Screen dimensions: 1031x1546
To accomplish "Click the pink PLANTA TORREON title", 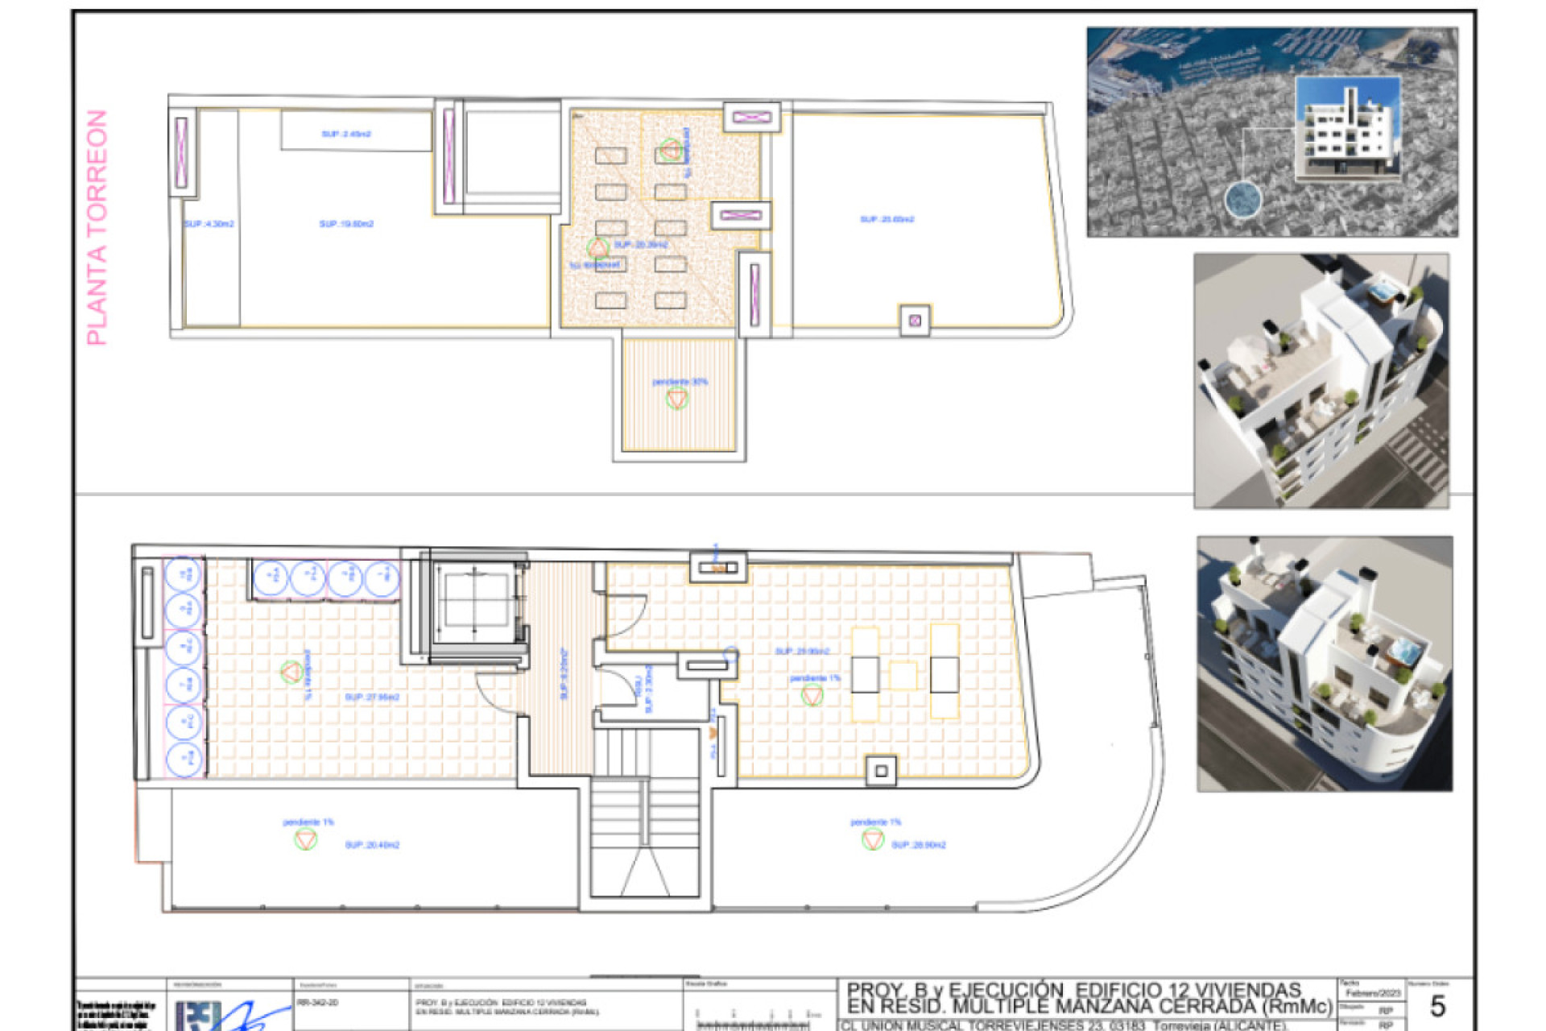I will pos(97,228).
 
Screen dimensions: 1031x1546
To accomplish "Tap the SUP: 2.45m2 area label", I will pos(346,134).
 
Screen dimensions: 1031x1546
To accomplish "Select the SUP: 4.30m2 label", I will pos(209,224).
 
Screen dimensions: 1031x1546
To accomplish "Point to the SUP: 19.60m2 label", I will pos(346,224).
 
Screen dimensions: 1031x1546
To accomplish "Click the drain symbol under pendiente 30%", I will pos(677,400).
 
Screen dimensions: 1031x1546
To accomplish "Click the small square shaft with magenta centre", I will pos(915,321).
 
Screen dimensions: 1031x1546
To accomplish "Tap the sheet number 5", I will pos(1436,1006).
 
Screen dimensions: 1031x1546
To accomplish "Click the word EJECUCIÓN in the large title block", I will pos(1007,991).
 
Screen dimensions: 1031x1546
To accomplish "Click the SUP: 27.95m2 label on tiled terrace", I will pos(372,698).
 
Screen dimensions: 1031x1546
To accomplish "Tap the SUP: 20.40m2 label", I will pos(372,845).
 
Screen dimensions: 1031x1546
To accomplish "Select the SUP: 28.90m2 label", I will pos(919,845).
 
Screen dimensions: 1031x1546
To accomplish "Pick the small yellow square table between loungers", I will pos(903,675).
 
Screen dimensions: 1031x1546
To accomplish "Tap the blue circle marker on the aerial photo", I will pos(1242,199).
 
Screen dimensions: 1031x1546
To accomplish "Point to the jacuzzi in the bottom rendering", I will pos(1403,649).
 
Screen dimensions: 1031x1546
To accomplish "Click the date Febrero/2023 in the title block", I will pos(1373,993).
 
